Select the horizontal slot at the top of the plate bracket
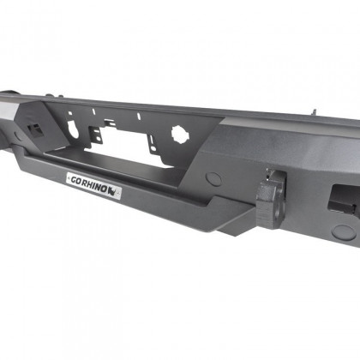point(132,121)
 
